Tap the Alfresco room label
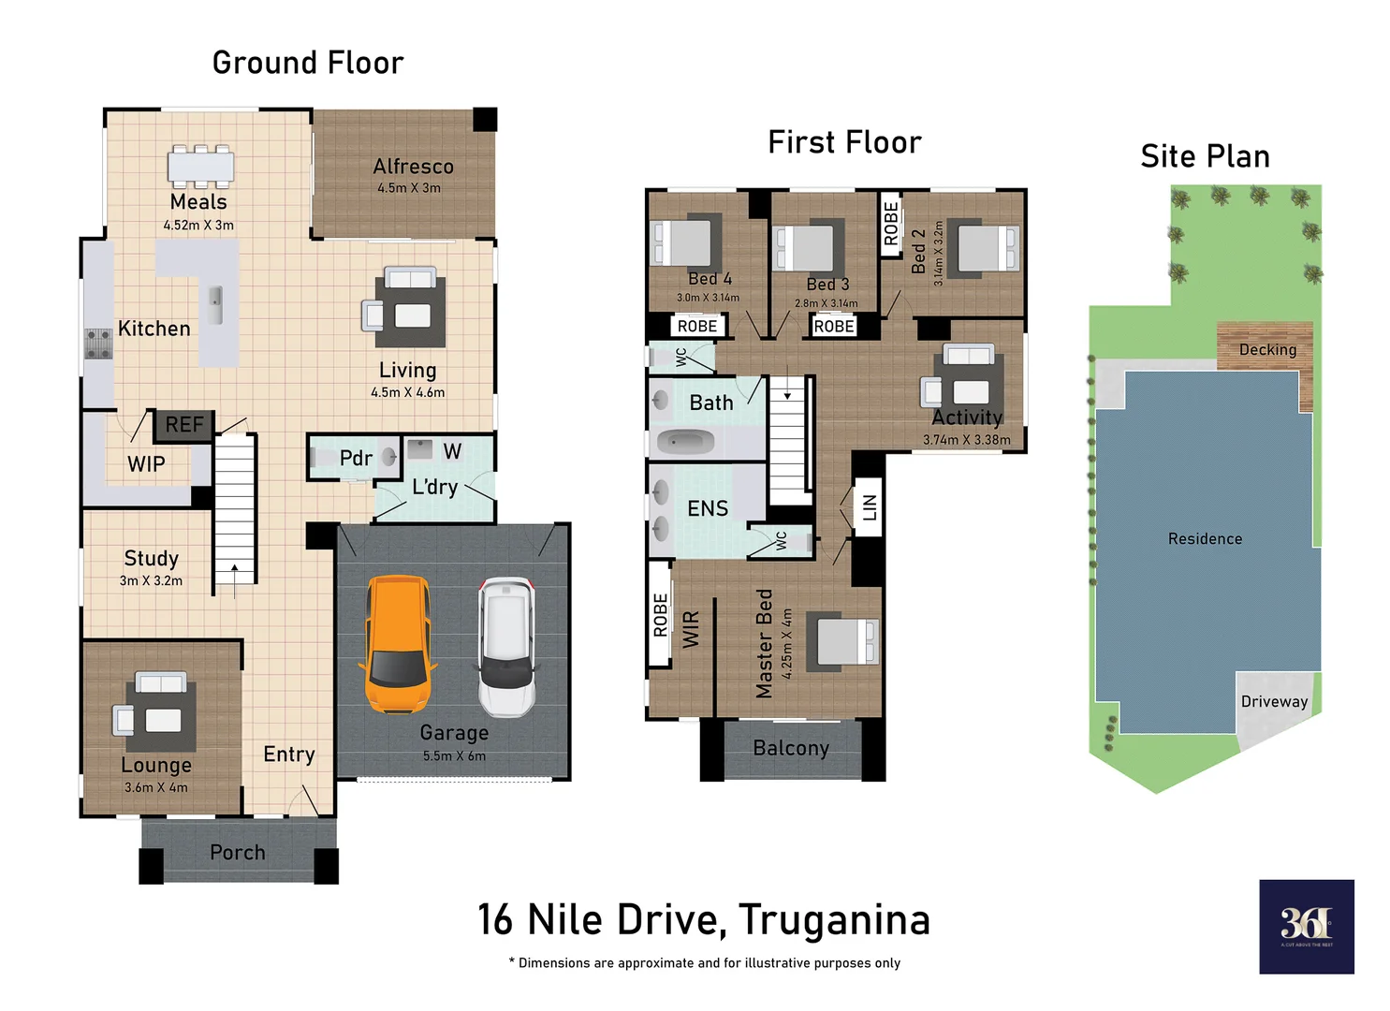coord(413,167)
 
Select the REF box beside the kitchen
coord(183,425)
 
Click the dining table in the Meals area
coord(200,167)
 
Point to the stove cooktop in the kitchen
coord(98,344)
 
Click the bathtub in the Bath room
coord(685,441)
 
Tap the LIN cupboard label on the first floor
coord(870,507)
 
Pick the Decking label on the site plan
coord(1267,350)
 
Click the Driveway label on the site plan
coord(1274,702)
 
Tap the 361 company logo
coord(1306,926)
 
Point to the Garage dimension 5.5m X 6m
coord(454,756)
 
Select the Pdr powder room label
coord(356,459)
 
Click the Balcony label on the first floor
coord(791,748)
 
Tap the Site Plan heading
coord(1205,156)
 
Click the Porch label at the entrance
coord(238,853)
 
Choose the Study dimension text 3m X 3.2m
coord(151,581)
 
